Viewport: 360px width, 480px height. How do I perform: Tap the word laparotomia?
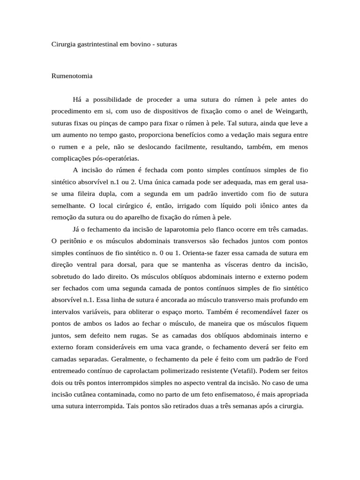[x=181, y=229]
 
